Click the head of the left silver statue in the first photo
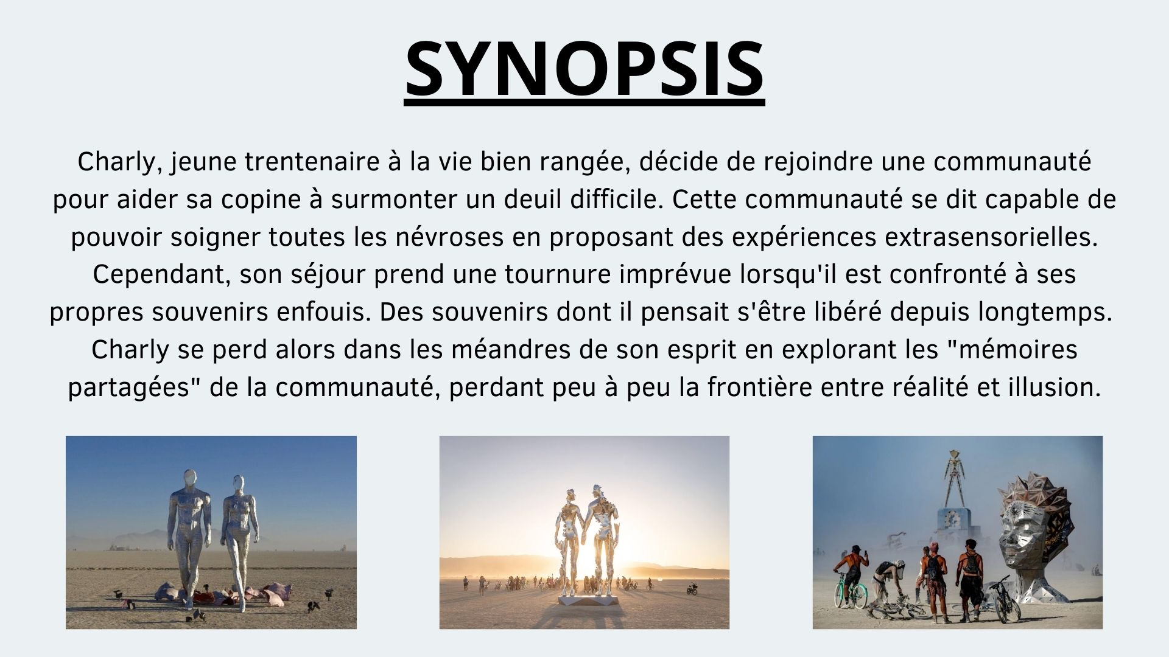(191, 477)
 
